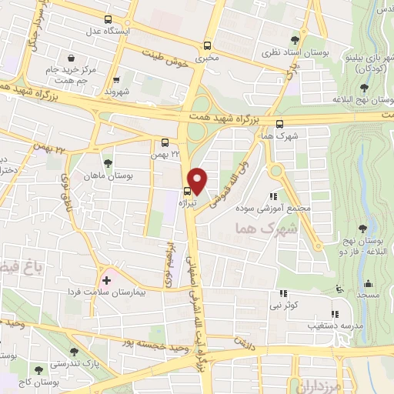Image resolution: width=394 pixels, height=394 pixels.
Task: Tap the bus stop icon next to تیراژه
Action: point(187,192)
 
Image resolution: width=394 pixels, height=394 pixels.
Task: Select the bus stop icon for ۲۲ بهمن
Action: point(165,142)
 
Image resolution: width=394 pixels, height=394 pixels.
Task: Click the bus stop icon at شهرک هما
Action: point(279,123)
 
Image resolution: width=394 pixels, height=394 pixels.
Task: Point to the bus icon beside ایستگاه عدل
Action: point(107,19)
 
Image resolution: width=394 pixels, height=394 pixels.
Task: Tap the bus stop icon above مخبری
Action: point(206,45)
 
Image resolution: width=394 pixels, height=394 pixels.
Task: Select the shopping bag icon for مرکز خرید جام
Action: point(71,58)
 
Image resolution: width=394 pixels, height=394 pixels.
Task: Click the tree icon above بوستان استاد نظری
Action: point(295,39)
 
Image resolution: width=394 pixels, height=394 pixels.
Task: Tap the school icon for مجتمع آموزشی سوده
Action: point(272,196)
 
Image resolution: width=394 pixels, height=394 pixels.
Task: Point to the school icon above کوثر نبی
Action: point(283,293)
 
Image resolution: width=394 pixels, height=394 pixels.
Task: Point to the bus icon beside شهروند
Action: point(115,78)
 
